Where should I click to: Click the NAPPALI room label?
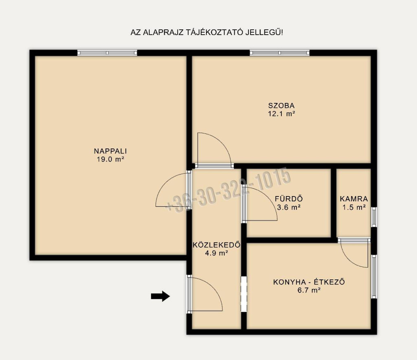tap(110, 151)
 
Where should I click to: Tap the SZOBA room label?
tap(281, 105)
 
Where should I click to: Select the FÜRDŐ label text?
tap(289, 199)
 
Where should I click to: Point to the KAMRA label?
tap(354, 199)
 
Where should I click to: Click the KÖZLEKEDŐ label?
tap(217, 244)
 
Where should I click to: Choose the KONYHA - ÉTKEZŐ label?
tap(309, 281)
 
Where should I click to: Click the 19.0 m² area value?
tap(110, 159)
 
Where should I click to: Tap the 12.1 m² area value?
tap(281, 114)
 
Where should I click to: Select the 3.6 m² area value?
tap(289, 207)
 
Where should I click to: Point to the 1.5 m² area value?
tap(354, 207)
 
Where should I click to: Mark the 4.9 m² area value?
tap(217, 253)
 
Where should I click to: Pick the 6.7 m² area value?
tap(309, 290)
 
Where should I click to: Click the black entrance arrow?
tap(160, 296)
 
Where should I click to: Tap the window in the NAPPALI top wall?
tap(107, 53)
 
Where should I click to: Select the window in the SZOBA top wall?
tap(279, 53)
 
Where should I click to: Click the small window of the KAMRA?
tap(374, 217)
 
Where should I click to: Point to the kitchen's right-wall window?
tap(374, 277)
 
